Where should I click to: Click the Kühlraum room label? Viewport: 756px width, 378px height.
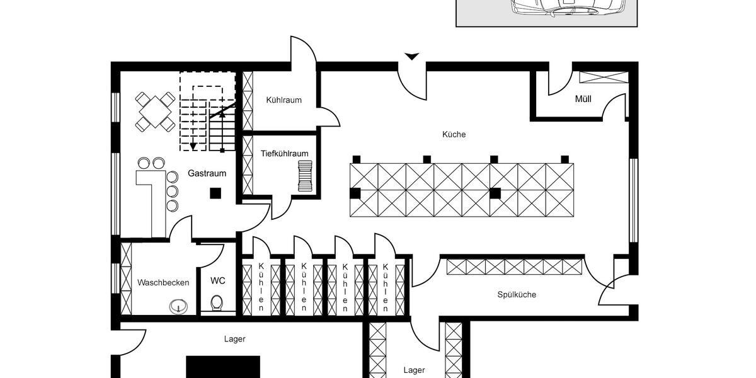click(x=283, y=100)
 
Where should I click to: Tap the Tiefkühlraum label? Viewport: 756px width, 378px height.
click(x=284, y=153)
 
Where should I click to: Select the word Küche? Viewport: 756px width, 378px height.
click(x=454, y=134)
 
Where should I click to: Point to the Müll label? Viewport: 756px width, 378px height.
click(x=583, y=99)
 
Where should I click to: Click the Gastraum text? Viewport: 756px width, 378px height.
click(x=207, y=173)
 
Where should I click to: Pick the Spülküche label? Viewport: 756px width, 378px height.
click(x=517, y=294)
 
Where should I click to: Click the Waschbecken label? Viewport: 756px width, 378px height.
click(x=163, y=282)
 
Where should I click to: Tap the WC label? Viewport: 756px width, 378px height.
click(x=218, y=280)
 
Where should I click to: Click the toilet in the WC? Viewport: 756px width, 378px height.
click(x=217, y=303)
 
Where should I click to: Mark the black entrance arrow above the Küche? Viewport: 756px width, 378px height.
click(x=411, y=57)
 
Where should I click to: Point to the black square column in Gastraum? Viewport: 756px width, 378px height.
click(x=215, y=193)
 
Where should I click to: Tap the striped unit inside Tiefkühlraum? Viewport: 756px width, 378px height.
click(x=306, y=174)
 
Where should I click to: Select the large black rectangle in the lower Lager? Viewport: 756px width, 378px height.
click(x=223, y=367)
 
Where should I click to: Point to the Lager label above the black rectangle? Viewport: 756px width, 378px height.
click(x=234, y=339)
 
